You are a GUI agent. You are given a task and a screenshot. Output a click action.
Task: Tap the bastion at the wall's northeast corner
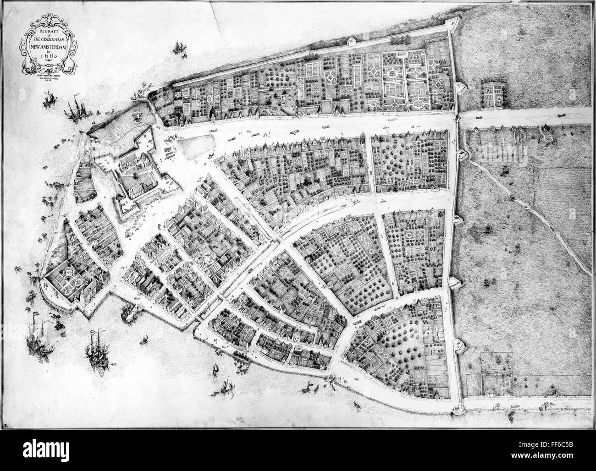[447, 26]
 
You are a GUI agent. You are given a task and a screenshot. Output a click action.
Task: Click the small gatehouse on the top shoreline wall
[352, 42]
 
